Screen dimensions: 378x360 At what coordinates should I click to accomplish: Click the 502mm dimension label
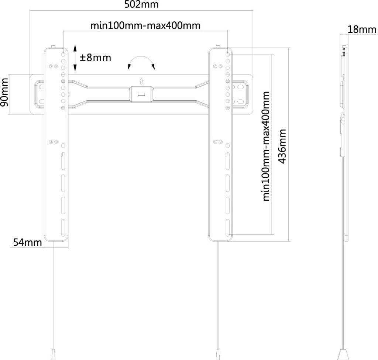141,4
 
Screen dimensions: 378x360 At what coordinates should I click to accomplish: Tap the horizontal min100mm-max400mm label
145,25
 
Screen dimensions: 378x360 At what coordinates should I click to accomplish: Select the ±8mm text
96,58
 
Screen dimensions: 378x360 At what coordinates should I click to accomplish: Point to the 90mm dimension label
4,92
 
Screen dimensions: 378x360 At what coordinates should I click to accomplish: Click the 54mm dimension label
27,242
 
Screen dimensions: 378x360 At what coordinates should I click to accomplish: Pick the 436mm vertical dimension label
282,146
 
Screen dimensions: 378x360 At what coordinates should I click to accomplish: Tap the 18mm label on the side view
362,30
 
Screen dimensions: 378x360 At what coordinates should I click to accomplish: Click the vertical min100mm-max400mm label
266,146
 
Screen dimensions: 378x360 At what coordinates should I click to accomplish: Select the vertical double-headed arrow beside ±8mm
75,58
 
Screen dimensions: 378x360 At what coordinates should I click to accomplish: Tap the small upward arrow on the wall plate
141,81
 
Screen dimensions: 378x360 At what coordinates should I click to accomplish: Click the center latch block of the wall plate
141,94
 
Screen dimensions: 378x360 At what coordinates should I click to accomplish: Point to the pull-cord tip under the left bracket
53,354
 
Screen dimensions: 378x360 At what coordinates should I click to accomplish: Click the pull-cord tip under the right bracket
218,354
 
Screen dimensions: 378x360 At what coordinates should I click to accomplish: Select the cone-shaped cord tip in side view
343,354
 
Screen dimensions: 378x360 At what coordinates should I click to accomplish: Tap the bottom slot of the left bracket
63,228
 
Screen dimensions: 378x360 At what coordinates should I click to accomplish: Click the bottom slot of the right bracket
227,228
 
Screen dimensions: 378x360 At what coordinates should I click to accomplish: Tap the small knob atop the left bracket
53,46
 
